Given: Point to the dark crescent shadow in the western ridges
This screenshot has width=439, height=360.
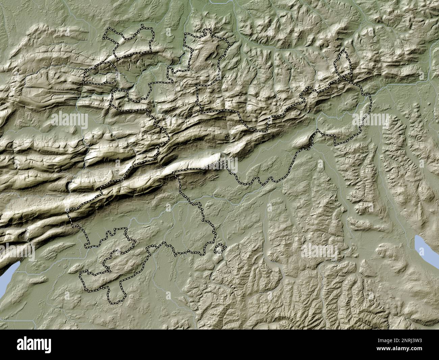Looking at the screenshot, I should pyautogui.click(x=70, y=185).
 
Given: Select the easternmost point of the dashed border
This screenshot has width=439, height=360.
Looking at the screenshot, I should pyautogui.click(x=371, y=101).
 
